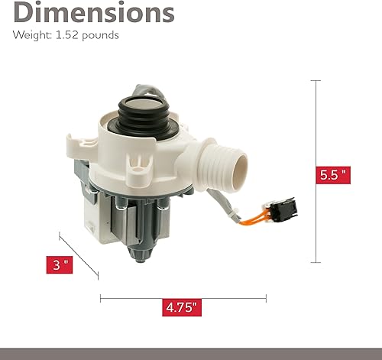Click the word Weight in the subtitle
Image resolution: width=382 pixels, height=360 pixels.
pos(28,35)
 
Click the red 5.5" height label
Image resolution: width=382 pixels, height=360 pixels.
pos(333,175)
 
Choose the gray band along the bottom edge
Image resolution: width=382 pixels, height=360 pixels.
pos(191,353)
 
